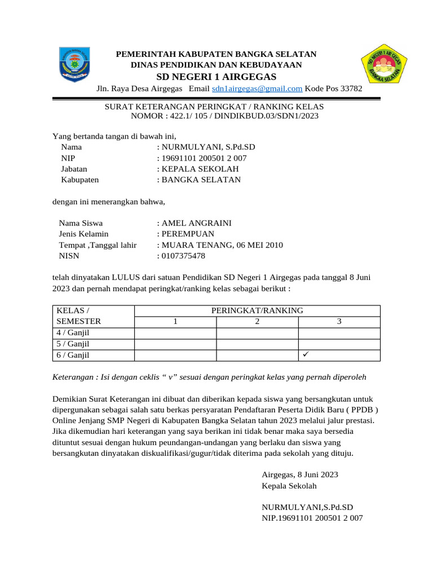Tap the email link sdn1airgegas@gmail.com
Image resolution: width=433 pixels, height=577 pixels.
[x=257, y=89]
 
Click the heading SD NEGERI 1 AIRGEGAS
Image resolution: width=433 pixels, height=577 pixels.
[x=216, y=77]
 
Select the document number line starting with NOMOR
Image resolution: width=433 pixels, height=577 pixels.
[x=224, y=117]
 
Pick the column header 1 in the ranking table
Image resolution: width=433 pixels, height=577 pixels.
[x=175, y=322]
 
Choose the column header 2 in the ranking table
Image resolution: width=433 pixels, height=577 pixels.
[x=257, y=322]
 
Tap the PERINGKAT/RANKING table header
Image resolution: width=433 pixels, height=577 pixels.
[x=257, y=310]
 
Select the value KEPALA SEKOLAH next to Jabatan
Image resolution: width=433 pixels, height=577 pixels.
[x=200, y=169]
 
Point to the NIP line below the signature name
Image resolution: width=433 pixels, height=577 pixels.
[x=312, y=518]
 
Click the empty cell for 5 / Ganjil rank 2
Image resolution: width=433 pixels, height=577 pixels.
[x=257, y=344]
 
